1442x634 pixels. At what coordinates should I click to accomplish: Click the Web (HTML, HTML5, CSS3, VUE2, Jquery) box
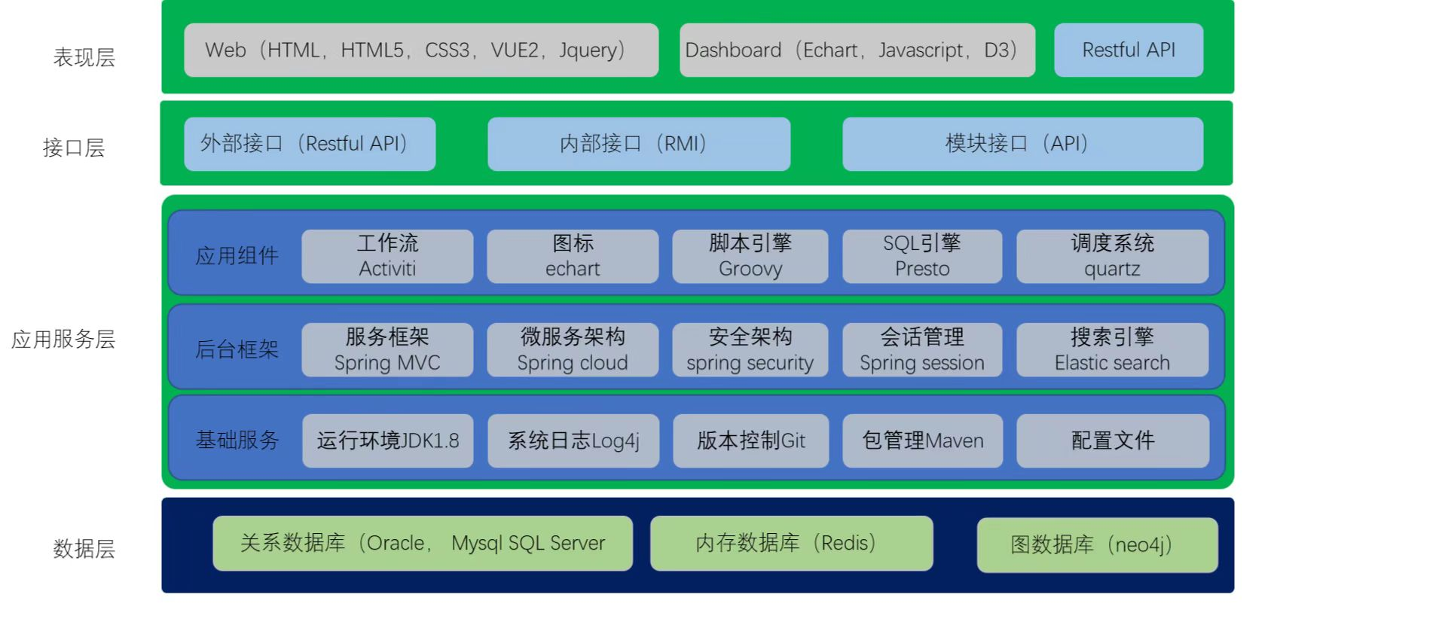point(421,50)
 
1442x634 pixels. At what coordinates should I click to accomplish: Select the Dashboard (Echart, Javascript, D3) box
point(857,50)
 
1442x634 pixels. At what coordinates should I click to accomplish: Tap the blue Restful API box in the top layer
point(1129,50)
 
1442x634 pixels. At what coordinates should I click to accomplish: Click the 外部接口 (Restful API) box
point(310,144)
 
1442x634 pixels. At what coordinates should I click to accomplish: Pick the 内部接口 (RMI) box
point(639,144)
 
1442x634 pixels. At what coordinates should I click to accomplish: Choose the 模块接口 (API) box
point(1022,144)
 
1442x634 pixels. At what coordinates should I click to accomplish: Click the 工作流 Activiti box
point(387,256)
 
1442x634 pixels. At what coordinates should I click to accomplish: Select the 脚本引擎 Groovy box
point(750,256)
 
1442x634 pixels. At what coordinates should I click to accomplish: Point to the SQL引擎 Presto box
point(922,256)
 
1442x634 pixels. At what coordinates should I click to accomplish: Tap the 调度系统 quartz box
point(1112,256)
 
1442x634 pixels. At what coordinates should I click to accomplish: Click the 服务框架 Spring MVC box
point(387,349)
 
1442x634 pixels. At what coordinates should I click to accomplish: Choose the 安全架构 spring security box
point(750,349)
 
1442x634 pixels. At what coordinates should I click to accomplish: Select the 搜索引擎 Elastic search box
point(1112,349)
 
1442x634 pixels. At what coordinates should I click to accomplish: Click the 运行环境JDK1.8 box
point(388,440)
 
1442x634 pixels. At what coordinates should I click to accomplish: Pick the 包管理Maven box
point(923,440)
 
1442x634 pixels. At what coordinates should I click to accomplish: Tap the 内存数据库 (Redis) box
point(792,543)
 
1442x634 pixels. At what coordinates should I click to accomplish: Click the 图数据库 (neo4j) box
point(1098,545)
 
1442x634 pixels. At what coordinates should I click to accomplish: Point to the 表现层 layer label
point(84,57)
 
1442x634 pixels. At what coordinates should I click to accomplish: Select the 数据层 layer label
point(84,549)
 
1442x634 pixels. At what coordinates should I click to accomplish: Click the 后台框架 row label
point(237,349)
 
